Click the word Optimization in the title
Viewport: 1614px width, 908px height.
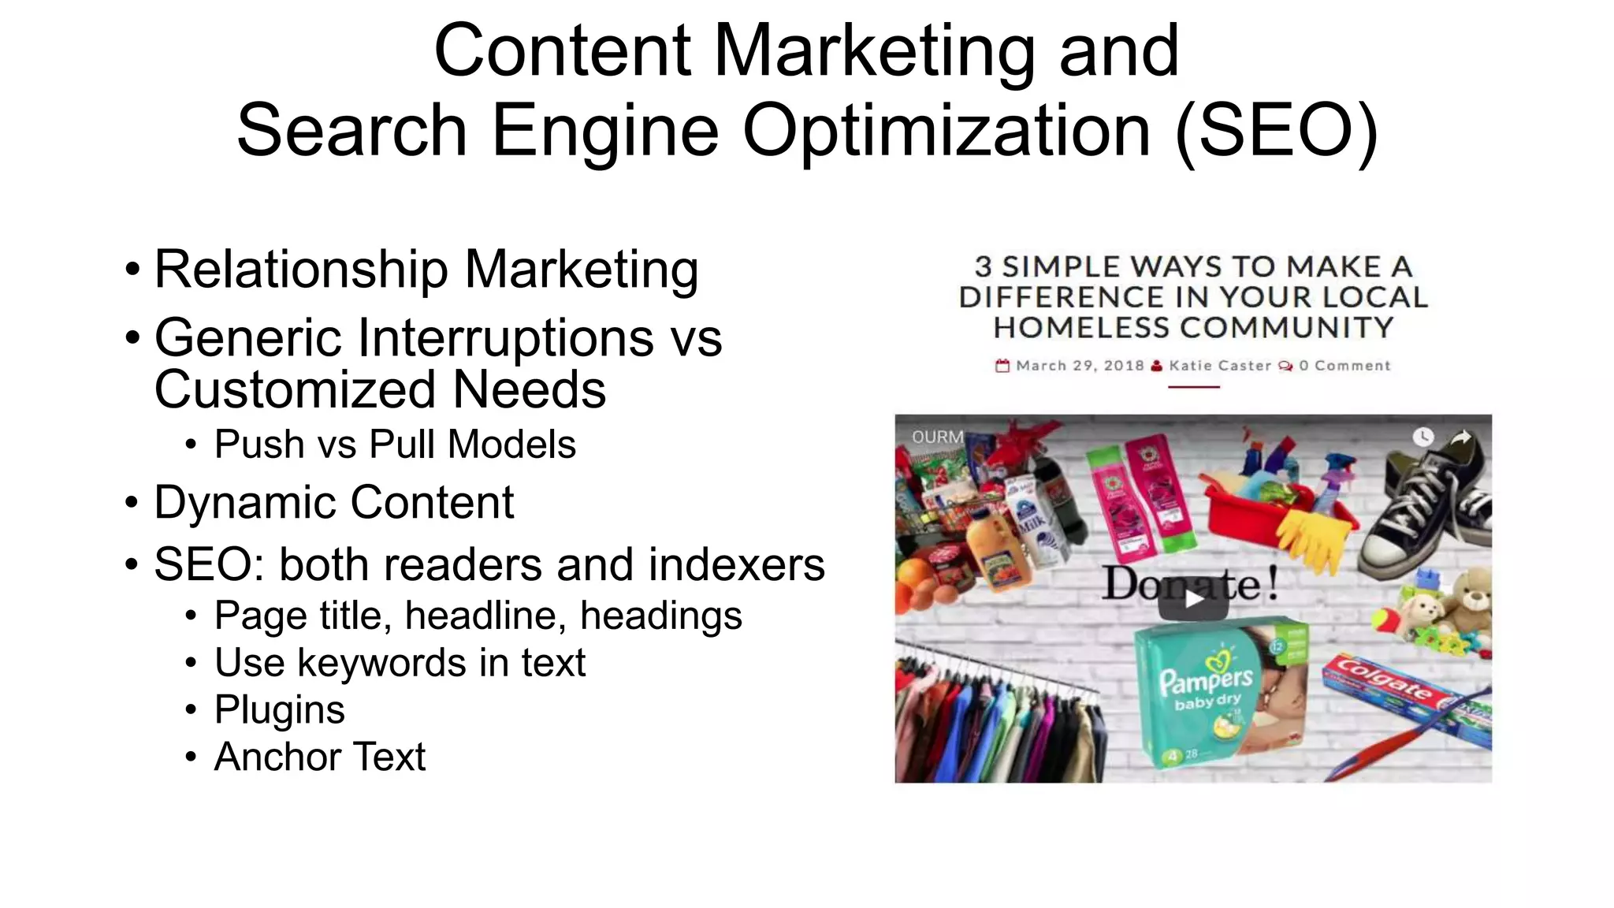pyautogui.click(x=946, y=130)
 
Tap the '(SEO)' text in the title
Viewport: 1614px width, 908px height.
pyautogui.click(x=1277, y=130)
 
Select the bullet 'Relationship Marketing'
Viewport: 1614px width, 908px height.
pyautogui.click(x=426, y=270)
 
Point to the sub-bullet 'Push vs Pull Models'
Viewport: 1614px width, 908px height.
pyautogui.click(x=395, y=445)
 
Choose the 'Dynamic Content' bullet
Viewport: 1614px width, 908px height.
pyautogui.click(x=333, y=502)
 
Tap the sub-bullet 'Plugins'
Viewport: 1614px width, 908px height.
pyautogui.click(x=280, y=709)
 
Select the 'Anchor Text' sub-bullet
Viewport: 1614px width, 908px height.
pyautogui.click(x=320, y=757)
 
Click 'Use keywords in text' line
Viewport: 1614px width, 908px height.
pyautogui.click(x=400, y=662)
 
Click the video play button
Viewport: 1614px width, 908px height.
pyautogui.click(x=1193, y=601)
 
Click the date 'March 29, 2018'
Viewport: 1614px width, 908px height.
pyautogui.click(x=1080, y=366)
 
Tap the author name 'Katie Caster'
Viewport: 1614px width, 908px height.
pyautogui.click(x=1220, y=366)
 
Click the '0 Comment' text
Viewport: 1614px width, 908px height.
pyautogui.click(x=1344, y=366)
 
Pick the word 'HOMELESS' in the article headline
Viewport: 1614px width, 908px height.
pyautogui.click(x=1083, y=327)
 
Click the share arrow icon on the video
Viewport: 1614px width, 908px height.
pyautogui.click(x=1461, y=437)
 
